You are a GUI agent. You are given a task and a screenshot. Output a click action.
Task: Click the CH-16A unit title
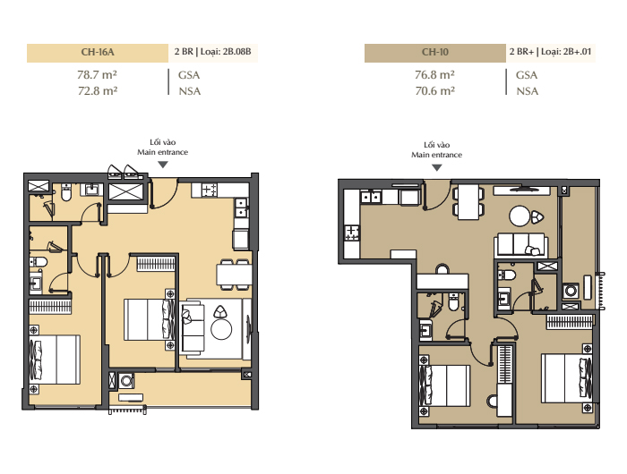[x=98, y=52]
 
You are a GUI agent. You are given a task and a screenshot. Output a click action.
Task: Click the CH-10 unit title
[x=435, y=52]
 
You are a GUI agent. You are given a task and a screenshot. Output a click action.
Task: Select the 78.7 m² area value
[x=97, y=75]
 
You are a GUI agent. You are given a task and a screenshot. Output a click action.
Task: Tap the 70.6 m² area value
[x=435, y=91]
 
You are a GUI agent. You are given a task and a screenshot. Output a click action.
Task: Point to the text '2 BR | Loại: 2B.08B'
[x=213, y=52]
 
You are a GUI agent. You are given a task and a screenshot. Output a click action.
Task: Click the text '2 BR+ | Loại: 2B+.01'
[x=550, y=52]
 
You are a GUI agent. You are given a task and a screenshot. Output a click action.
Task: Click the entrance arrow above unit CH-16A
[x=163, y=165]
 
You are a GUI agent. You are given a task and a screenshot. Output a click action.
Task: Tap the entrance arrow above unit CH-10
[x=437, y=168]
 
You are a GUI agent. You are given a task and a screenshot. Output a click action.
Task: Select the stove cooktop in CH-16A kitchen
[x=209, y=190]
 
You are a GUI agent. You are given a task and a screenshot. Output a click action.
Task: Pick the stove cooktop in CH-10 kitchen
[x=352, y=233]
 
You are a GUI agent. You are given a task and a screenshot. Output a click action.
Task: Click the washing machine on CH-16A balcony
[x=126, y=381]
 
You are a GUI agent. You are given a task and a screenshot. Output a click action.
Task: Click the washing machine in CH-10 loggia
[x=571, y=291]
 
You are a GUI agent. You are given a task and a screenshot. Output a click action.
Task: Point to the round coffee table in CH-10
[x=520, y=216]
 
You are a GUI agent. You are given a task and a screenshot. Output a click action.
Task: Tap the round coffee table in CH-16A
[x=221, y=329]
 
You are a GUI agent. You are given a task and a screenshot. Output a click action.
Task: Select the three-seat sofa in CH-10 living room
[x=521, y=245]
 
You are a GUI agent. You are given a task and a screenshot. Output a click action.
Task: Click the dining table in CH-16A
[x=234, y=275]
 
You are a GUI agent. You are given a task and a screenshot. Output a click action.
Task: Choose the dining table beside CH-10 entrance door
[x=468, y=202]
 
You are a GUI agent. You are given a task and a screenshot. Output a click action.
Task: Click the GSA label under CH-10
[x=527, y=75]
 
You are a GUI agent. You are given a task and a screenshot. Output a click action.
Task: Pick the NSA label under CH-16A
[x=190, y=91]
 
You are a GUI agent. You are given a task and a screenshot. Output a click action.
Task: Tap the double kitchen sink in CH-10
[x=371, y=197]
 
